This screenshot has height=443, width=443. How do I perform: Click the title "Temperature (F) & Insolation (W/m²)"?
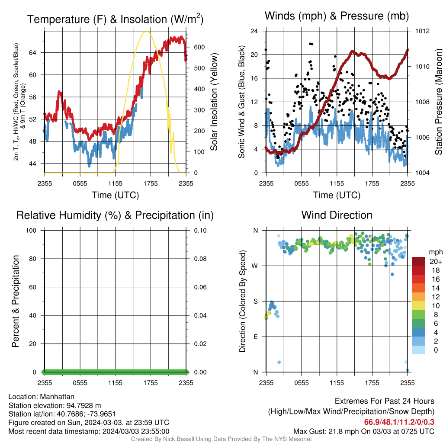pos(115,19)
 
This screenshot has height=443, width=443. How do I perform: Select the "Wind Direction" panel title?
pos(337,215)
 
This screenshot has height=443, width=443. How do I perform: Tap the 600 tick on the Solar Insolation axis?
pos(199,47)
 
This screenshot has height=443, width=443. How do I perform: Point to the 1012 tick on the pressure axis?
pos(422,31)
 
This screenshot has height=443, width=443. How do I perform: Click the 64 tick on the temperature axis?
pos(32,52)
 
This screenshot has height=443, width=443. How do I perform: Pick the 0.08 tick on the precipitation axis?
pos(200,259)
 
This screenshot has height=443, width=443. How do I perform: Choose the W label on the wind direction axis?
pos(255,266)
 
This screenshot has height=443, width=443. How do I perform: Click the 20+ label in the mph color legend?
pos(436,261)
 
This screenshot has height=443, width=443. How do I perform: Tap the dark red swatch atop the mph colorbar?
pos(418,261)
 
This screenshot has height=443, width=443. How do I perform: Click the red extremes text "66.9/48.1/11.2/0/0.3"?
pos(399,422)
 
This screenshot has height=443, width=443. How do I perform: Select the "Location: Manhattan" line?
pos(41,397)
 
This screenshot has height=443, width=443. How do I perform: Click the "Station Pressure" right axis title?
pos(438,102)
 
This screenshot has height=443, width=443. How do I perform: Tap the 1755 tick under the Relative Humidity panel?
pos(151,383)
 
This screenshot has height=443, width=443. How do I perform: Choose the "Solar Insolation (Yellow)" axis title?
pos(214,102)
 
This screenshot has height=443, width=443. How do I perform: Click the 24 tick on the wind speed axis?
pos(254,31)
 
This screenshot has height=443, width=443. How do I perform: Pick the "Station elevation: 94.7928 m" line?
pos(55,405)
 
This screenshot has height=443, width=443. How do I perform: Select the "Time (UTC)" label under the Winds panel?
pos(337,195)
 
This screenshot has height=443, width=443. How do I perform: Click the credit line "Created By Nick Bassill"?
pos(221,439)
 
